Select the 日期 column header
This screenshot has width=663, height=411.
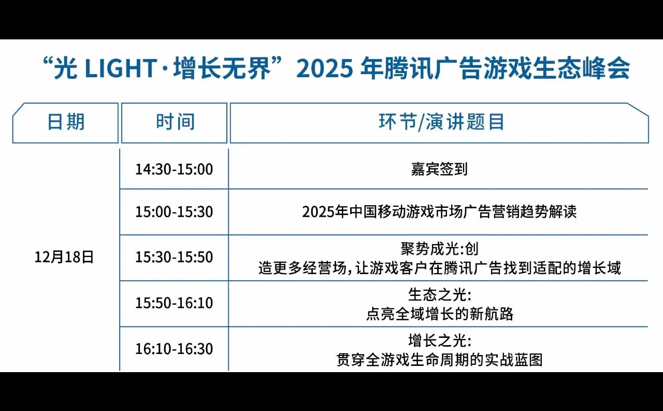click(66, 122)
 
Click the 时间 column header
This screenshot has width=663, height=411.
click(175, 122)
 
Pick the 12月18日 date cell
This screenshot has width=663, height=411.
click(64, 257)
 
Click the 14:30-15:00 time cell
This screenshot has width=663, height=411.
click(174, 169)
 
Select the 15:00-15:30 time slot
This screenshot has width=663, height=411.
click(174, 212)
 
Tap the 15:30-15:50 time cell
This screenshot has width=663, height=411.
click(174, 257)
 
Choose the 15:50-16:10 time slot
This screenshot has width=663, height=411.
click(174, 303)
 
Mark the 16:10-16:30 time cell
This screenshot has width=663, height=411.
click(174, 349)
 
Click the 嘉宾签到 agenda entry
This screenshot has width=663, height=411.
click(439, 169)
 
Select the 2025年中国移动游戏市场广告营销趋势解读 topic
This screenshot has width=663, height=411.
click(439, 212)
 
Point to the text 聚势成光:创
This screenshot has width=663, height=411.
click(439, 249)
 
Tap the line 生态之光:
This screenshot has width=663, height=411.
click(439, 295)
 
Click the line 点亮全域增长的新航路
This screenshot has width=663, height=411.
click(439, 314)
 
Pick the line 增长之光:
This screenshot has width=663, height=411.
click(439, 341)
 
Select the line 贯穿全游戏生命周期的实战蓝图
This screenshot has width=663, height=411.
click(439, 360)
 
